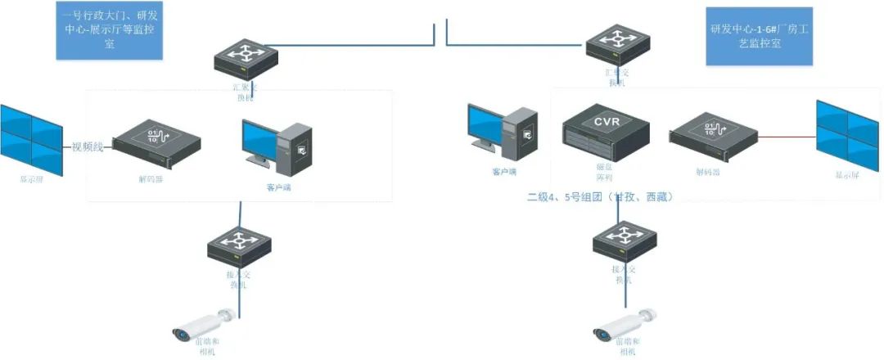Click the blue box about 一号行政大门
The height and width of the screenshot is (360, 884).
tap(108, 30)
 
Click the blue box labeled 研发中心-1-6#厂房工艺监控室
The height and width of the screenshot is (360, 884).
tap(759, 37)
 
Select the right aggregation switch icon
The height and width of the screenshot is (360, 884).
tap(616, 43)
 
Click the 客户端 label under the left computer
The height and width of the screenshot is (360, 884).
tap(278, 187)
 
